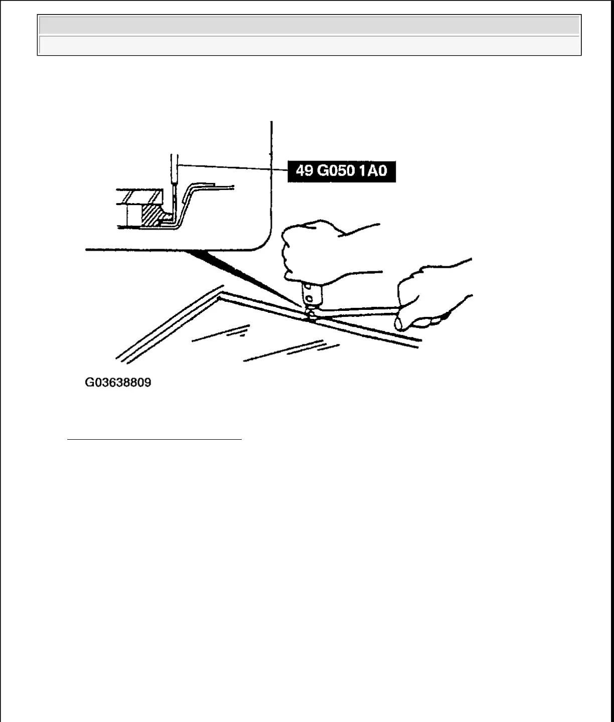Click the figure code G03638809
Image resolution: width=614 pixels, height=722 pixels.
point(118,383)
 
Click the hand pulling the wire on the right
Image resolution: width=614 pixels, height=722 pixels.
point(431,296)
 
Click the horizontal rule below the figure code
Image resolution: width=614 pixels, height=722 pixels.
point(155,440)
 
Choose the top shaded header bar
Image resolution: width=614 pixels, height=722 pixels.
point(309,25)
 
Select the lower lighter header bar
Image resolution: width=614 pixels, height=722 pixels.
point(309,45)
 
